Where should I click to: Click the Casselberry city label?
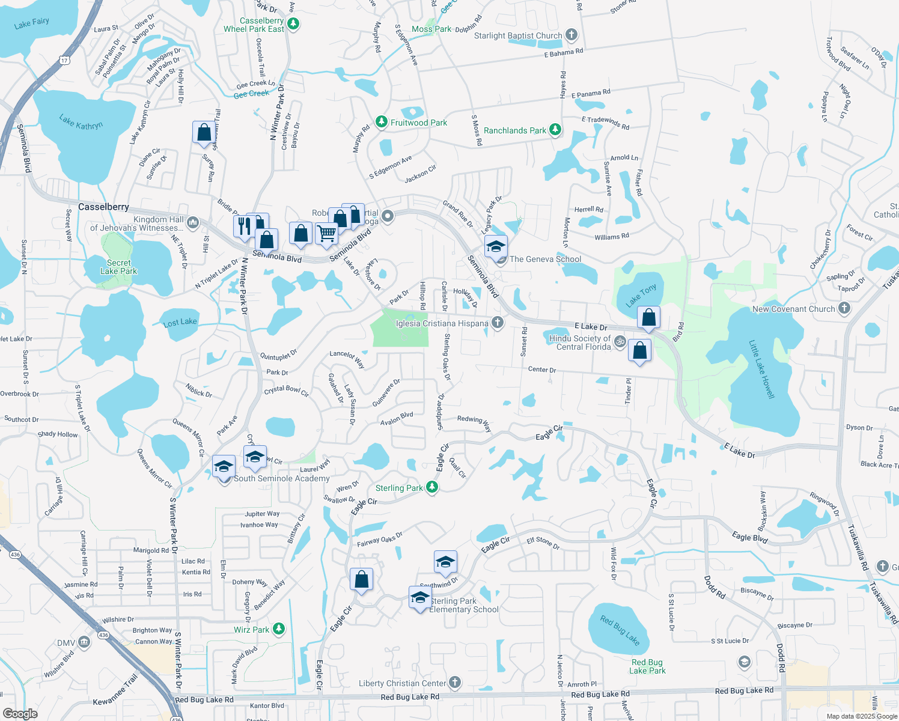coord(103,207)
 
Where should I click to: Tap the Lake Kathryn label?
coord(81,123)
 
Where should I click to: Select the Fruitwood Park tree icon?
coord(381,122)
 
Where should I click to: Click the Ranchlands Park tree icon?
coord(555,130)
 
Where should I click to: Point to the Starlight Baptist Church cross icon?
coord(571,35)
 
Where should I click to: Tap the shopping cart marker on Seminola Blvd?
coord(326,233)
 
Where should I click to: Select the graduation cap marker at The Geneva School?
coord(496,246)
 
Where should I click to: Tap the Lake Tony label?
coord(641,296)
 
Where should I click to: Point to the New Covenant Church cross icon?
coord(844,309)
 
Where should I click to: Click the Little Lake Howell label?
coord(761,369)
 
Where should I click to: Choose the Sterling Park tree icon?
coord(432,487)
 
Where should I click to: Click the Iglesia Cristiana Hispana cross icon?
coord(498,323)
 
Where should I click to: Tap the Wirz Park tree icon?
coord(278,629)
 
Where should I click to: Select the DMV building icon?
coord(84,643)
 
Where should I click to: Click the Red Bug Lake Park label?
coord(647,666)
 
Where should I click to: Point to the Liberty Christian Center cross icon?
coord(455,683)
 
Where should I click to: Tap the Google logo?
coord(20,713)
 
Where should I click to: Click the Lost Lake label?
coord(180,322)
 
